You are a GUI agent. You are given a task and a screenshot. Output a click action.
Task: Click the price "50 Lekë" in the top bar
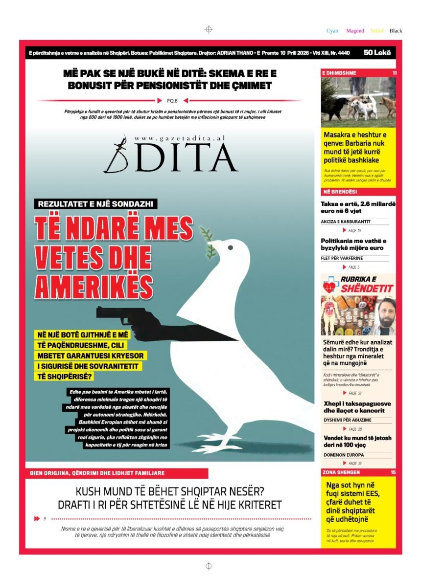click(377, 52)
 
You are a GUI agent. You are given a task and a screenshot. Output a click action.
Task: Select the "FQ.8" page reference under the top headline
click(172, 101)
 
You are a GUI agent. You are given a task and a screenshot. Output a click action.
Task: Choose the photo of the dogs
click(358, 102)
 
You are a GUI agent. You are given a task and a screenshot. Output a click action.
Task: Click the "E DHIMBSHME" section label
click(339, 73)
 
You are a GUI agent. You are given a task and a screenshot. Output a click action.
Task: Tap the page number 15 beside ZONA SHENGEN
click(393, 472)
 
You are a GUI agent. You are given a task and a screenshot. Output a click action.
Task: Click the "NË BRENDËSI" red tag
click(339, 191)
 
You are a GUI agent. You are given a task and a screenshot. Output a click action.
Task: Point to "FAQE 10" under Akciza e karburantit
click(354, 230)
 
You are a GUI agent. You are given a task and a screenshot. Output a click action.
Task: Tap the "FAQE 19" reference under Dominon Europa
click(354, 463)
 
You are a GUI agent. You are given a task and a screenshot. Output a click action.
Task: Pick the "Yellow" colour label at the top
click(377, 31)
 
